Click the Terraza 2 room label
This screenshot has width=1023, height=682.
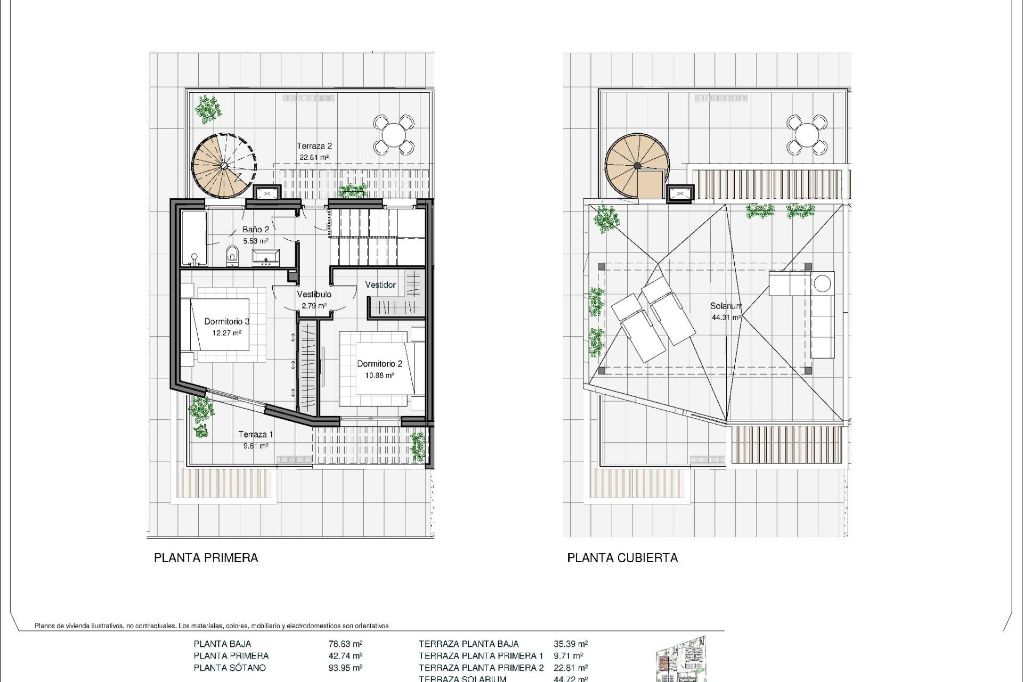[314, 146]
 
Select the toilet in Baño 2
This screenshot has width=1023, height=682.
[232, 255]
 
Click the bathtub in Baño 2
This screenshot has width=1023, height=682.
[194, 238]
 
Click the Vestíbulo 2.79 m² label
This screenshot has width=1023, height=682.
[314, 300]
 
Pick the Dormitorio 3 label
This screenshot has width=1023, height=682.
[227, 321]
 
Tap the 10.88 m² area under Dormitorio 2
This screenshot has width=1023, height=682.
[379, 375]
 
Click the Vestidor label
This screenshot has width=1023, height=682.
[380, 285]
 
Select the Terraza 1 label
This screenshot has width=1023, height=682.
[256, 434]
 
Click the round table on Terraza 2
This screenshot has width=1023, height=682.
[394, 134]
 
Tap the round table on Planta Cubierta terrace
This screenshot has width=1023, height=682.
[807, 134]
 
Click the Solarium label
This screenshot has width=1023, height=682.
[726, 306]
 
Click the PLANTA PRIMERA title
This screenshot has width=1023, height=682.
[206, 558]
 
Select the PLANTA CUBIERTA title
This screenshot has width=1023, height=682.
[622, 558]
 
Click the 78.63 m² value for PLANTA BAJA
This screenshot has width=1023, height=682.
[345, 644]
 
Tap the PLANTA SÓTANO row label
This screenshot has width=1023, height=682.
[230, 668]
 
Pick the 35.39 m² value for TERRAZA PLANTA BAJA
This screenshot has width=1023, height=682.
[571, 644]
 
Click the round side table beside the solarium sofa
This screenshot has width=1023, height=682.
[823, 282]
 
